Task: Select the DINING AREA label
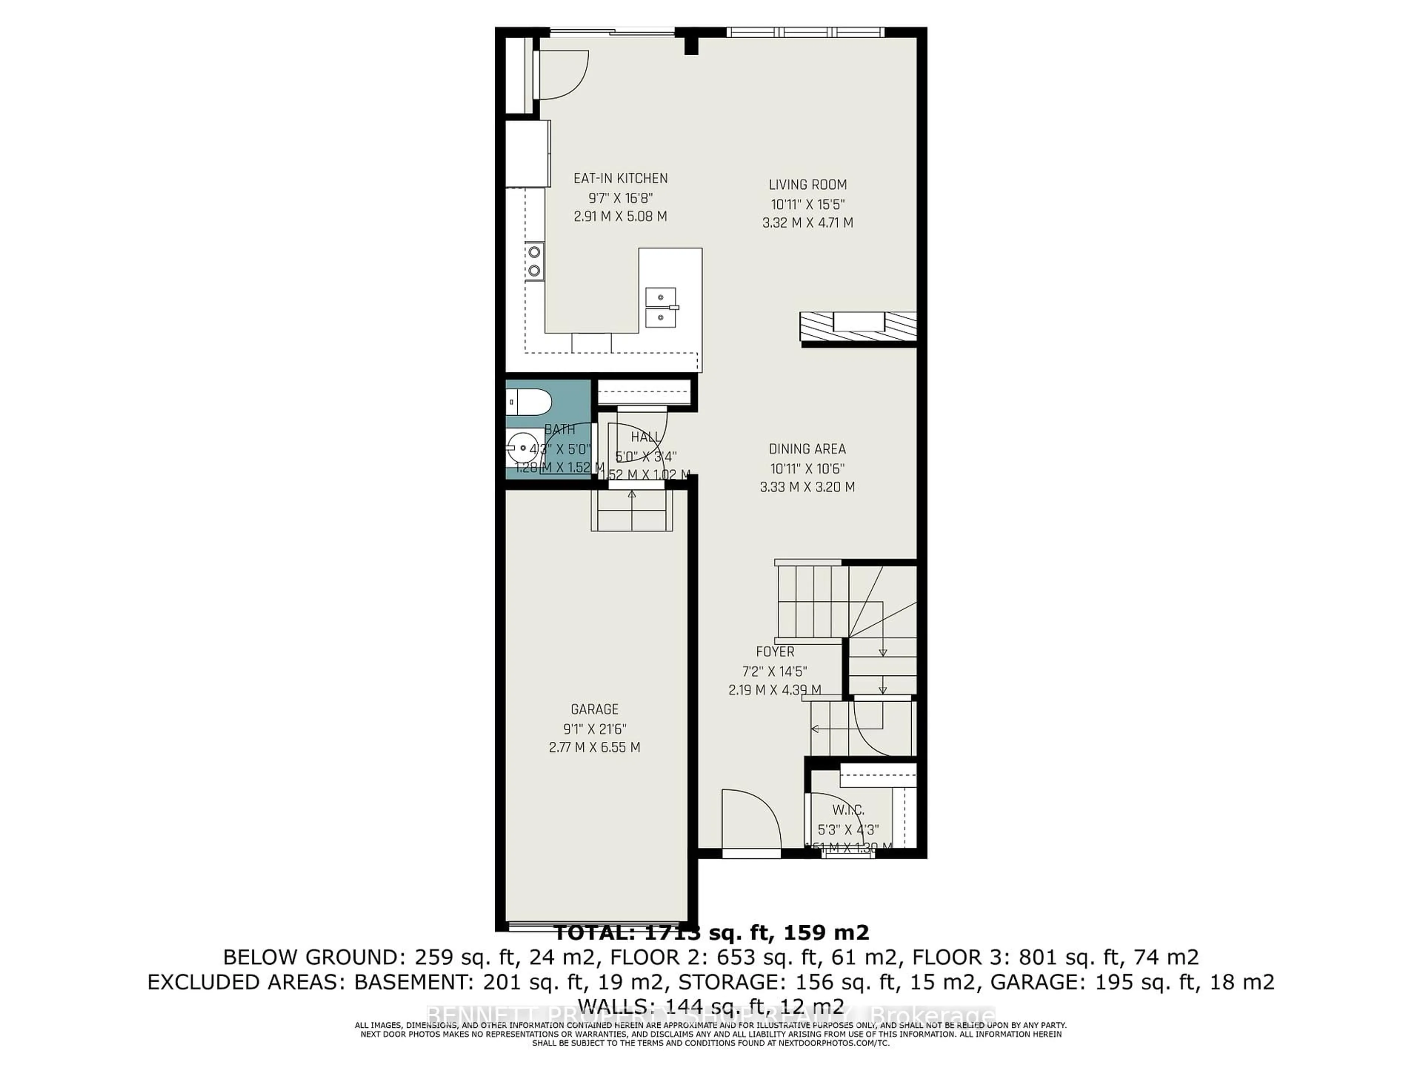[807, 449]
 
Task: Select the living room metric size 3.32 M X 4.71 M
[807, 223]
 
